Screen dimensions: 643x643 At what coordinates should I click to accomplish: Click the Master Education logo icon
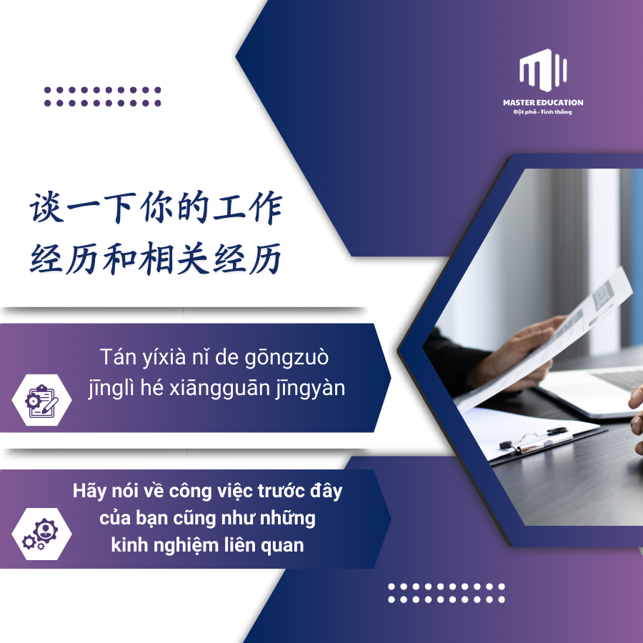(543, 70)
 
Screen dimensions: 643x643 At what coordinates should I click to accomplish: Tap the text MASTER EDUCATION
(543, 102)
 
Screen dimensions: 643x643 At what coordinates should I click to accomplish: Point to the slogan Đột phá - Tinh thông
(542, 112)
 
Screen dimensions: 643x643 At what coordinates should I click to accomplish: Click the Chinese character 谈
(46, 208)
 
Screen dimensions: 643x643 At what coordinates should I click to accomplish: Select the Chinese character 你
(156, 207)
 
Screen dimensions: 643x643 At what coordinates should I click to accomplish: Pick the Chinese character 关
(193, 259)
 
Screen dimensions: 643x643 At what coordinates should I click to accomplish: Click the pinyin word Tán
(118, 357)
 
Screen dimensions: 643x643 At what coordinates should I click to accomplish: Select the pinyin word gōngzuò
(286, 358)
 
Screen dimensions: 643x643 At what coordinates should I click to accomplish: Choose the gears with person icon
(40, 534)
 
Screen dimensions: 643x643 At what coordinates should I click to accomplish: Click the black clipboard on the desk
(534, 438)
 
